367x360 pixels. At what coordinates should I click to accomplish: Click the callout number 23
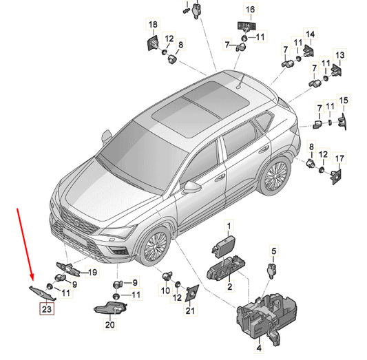[47, 309]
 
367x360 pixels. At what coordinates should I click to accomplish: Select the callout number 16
[250, 9]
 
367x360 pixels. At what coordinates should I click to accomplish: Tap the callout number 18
[153, 24]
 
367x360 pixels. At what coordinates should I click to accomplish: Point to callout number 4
[259, 348]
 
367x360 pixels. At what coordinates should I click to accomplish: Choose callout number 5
[274, 251]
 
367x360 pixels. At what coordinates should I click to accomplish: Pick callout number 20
[110, 325]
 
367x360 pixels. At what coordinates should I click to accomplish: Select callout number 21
[190, 310]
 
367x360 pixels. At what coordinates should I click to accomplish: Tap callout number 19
[93, 273]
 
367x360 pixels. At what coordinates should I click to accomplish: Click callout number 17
[339, 158]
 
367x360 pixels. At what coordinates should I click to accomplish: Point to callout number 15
[344, 100]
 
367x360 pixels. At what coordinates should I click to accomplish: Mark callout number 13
[340, 55]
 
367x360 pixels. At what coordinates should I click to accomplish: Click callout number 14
[310, 34]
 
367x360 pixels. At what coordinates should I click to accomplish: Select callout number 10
[165, 290]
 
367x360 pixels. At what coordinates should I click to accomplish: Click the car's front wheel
[156, 246]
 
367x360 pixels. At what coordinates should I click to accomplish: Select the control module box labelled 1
[224, 247]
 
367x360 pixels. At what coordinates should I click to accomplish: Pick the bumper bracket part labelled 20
[110, 308]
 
